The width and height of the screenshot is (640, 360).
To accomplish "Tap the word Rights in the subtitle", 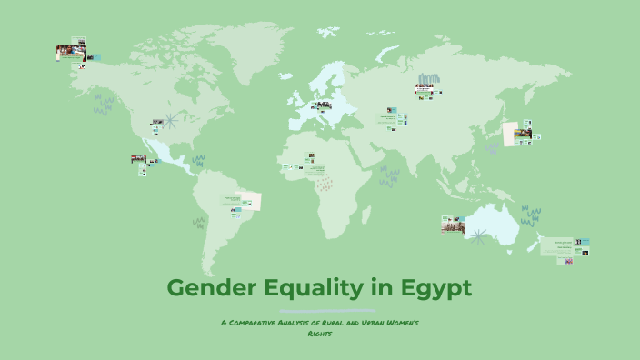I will pos(319,333).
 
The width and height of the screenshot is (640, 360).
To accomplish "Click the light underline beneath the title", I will pos(319,310).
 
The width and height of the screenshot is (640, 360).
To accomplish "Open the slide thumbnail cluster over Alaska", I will pos(71,54).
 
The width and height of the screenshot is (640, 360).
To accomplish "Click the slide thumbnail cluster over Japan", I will pos(520,135).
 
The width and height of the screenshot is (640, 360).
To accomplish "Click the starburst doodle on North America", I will pos(157,121).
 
